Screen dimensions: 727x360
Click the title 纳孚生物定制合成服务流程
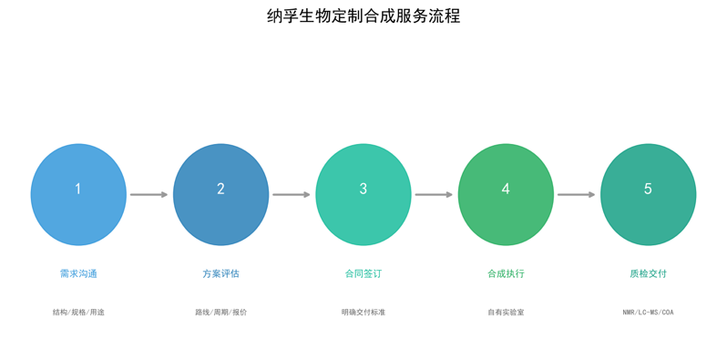coord(363,15)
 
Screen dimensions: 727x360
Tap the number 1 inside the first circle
coord(78,189)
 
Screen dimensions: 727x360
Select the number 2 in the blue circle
coord(220,189)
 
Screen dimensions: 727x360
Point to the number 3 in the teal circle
coord(363,189)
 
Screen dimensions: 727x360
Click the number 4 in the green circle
coord(506,189)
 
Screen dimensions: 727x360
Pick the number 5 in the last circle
coord(648,189)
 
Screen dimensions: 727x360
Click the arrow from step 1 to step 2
coord(148,194)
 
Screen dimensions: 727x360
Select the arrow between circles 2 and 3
coord(292,194)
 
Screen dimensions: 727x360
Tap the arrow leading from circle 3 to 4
coord(434,194)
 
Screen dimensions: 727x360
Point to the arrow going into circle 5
coord(576,194)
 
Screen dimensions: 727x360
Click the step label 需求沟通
coord(78,273)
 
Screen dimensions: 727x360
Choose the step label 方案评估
coord(220,273)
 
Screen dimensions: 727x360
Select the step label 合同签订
coord(363,273)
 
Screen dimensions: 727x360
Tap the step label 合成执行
coord(506,273)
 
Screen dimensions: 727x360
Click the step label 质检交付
coord(648,273)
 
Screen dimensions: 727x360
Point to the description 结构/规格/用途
coord(78,313)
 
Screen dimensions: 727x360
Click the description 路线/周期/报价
coord(220,313)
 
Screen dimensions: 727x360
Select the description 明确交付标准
coord(363,313)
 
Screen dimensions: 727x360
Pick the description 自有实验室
coord(506,313)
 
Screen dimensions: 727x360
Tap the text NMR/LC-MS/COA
coord(648,313)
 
